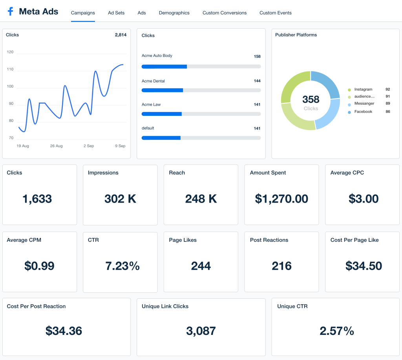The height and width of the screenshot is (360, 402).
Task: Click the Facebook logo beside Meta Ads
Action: point(10,12)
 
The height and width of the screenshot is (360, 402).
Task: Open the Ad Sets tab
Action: point(116,13)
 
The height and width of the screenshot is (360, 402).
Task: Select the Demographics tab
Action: point(174,13)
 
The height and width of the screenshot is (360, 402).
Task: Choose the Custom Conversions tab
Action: point(225,13)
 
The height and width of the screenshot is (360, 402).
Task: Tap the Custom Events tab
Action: point(275,13)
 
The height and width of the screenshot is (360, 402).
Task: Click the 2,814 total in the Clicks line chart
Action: point(121,35)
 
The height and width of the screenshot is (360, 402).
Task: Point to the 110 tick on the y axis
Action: point(10,69)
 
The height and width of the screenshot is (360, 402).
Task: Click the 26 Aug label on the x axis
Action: point(56,146)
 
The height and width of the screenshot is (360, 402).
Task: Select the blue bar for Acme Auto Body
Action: point(164,67)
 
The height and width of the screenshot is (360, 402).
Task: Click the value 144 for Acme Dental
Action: point(257,81)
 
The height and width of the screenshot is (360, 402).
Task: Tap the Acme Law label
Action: point(151,105)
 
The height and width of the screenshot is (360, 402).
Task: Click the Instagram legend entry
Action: point(363,90)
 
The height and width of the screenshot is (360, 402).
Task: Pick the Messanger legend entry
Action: point(364,104)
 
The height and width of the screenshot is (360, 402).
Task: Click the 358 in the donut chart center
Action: point(311,99)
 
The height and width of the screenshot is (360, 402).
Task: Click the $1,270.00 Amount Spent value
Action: point(281,199)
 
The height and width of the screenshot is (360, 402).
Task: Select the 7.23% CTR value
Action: point(122,266)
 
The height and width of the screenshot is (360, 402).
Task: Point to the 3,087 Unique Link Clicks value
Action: point(201,331)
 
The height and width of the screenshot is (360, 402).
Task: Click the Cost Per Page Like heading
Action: point(354,240)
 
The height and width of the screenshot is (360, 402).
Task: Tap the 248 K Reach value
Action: point(201,199)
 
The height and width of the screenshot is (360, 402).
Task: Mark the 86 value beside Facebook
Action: point(387,112)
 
